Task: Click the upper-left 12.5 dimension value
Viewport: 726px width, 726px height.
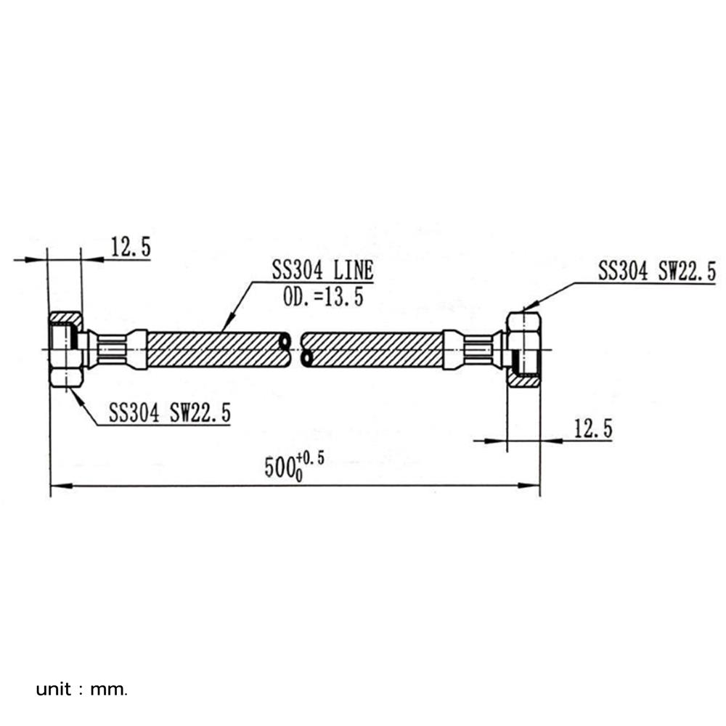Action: pyautogui.click(x=131, y=248)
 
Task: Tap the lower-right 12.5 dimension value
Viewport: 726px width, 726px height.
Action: pyautogui.click(x=593, y=429)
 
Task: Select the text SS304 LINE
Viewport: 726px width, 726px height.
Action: pyautogui.click(x=322, y=271)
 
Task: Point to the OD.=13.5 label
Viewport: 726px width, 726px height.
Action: pyautogui.click(x=322, y=296)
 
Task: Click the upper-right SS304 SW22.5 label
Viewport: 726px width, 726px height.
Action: pyautogui.click(x=656, y=272)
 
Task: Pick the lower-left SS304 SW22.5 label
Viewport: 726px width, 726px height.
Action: pyautogui.click(x=170, y=413)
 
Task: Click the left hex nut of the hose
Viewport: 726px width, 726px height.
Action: pyautogui.click(x=66, y=349)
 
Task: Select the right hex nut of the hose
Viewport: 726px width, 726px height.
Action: pyautogui.click(x=523, y=349)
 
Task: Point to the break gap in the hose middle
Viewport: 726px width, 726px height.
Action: pyautogui.click(x=296, y=349)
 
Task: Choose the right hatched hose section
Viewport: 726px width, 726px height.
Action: pyautogui.click(x=374, y=349)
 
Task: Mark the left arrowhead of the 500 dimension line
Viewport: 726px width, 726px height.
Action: pyautogui.click(x=57, y=486)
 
